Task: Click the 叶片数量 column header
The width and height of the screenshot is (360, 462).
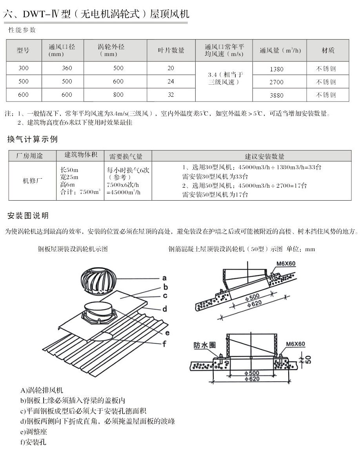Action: pyautogui.click(x=171, y=50)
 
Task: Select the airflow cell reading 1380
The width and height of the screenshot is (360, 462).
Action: pyautogui.click(x=276, y=69)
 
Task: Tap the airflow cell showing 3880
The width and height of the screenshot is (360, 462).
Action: pyautogui.click(x=276, y=95)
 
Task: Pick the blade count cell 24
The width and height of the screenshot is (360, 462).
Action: pyautogui.click(x=171, y=82)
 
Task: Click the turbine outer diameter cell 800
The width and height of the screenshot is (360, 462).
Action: pyautogui.click(x=118, y=94)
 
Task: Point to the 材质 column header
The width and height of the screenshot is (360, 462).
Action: pyautogui.click(x=327, y=50)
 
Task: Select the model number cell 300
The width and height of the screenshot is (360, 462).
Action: pyautogui.click(x=24, y=68)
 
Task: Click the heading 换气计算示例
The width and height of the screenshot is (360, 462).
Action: pyautogui.click(x=33, y=140)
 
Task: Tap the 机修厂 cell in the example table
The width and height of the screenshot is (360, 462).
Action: pyautogui.click(x=33, y=181)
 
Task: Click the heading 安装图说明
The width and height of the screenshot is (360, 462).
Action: pyautogui.click(x=28, y=216)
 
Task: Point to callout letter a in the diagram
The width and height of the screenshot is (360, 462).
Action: pyautogui.click(x=165, y=278)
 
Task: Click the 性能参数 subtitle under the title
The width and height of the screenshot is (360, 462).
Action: pyautogui.click(x=22, y=30)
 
